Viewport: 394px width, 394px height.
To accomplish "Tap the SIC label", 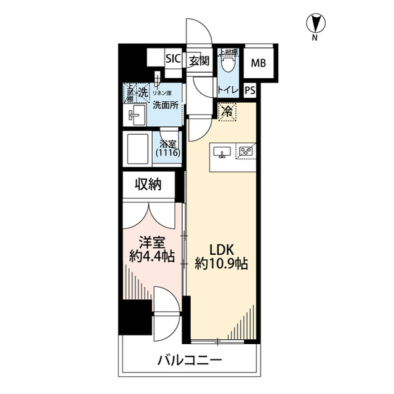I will coord(173,60).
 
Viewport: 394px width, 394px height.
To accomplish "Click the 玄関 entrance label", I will coord(198,60).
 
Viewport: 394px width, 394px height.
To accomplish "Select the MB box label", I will coord(259,62).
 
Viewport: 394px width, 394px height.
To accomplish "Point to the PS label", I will coord(250,90).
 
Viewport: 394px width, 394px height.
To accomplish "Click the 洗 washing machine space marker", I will coord(142,93).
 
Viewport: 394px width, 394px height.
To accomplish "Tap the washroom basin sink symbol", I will coord(136,115).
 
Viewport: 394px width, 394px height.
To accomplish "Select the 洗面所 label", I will coord(166,105).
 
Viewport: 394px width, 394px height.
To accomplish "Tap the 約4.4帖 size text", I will coord(151,257).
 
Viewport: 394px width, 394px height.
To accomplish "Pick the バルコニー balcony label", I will coord(189,360).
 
